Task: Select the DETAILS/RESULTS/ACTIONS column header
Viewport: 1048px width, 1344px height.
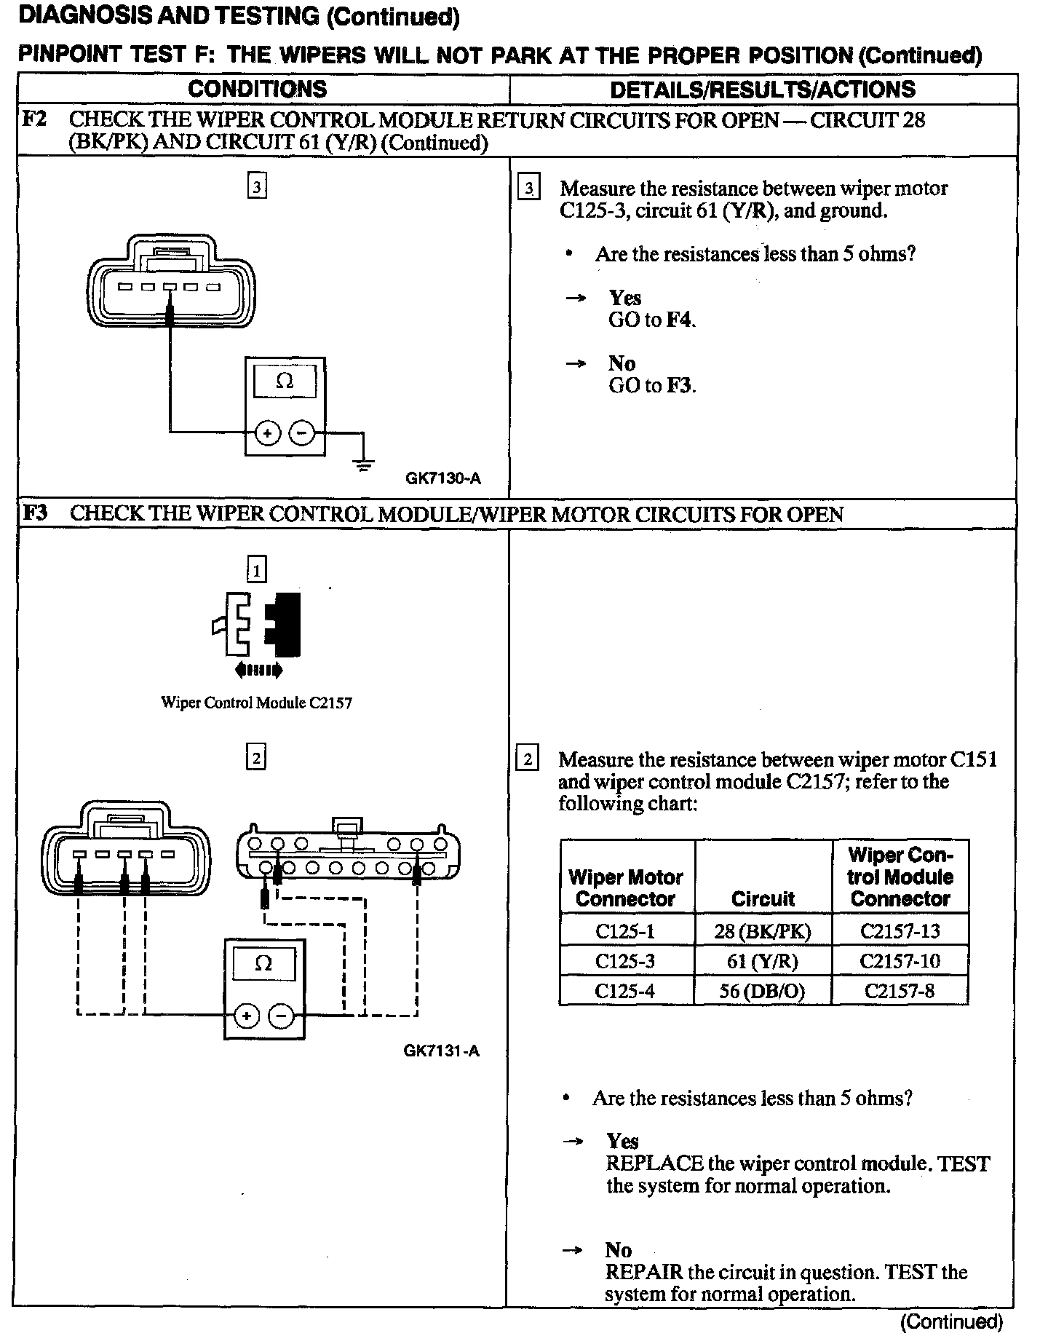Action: pos(762,90)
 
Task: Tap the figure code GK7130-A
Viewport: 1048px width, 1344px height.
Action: pos(443,478)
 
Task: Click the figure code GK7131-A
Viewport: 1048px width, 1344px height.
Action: pos(441,1051)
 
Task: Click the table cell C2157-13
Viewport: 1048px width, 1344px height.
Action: pos(900,931)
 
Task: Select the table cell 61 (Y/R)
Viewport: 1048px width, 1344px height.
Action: pos(762,961)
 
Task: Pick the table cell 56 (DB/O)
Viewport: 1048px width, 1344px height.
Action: pos(762,991)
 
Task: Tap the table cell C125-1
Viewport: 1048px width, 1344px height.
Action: pos(625,931)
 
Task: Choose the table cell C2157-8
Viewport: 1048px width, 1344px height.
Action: pos(900,991)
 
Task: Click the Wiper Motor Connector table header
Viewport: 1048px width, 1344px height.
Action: pos(625,888)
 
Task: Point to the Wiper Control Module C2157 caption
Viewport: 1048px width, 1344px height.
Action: pos(256,703)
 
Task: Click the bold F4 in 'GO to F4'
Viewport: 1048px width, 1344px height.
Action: pos(680,320)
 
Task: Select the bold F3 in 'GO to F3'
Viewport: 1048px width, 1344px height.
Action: pos(680,385)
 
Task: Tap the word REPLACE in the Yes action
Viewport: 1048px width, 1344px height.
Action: pos(654,1163)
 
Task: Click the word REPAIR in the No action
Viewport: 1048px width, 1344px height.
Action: pos(643,1273)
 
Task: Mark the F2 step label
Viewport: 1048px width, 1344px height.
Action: pos(35,119)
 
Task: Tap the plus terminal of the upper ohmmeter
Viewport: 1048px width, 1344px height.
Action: pos(268,434)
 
